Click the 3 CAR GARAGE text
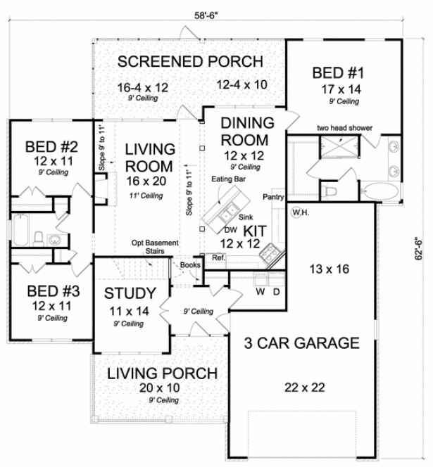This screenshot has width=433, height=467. pyautogui.click(x=301, y=344)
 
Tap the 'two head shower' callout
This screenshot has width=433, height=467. pyautogui.click(x=344, y=128)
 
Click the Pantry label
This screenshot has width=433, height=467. pyautogui.click(x=273, y=198)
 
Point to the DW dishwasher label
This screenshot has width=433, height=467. pyautogui.click(x=230, y=229)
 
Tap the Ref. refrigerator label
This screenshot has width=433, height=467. pyautogui.click(x=218, y=258)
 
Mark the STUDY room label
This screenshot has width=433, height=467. pyautogui.click(x=127, y=293)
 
